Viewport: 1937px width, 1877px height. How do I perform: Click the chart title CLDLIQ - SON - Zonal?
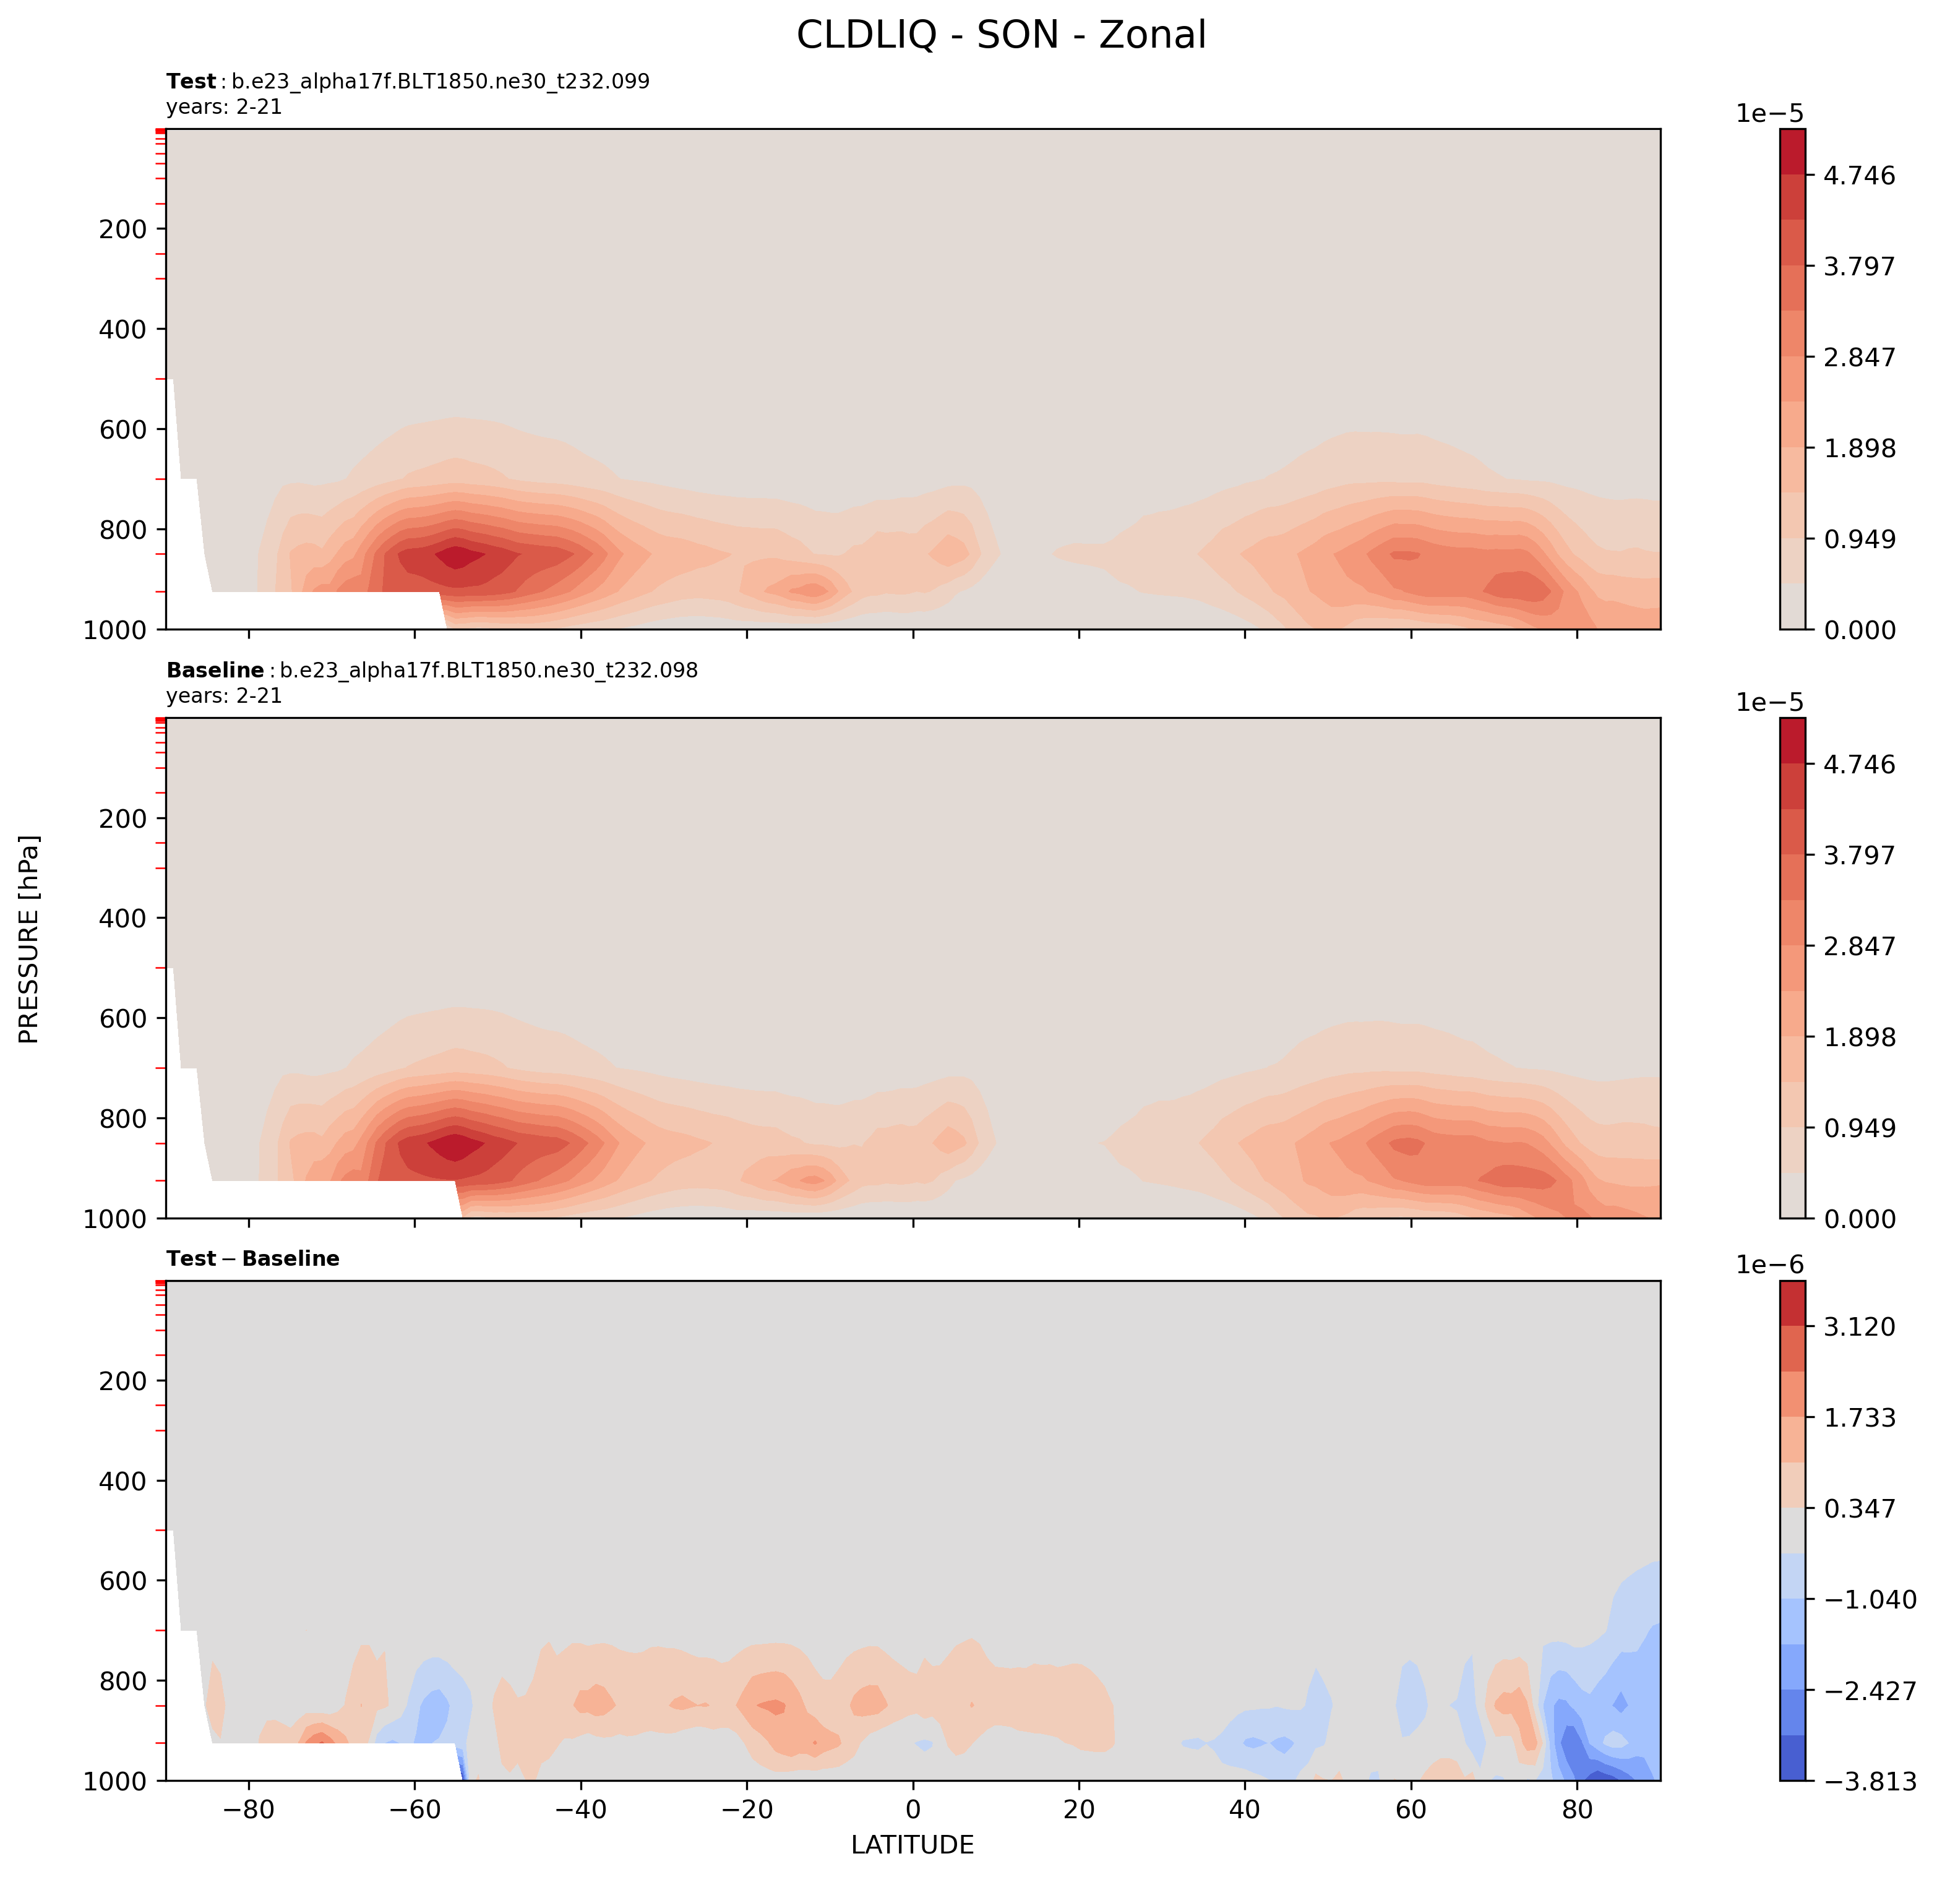click(1000, 36)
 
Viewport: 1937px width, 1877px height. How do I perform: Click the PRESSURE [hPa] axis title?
click(30, 939)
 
